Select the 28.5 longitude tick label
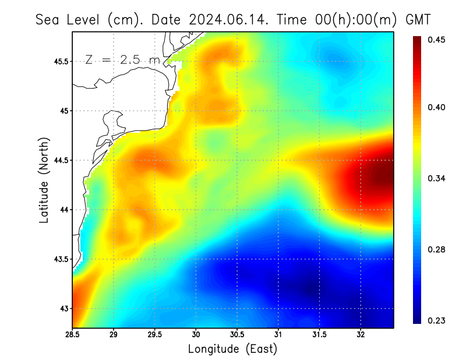point(72,335)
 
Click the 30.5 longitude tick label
point(237,335)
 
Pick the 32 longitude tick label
point(361,335)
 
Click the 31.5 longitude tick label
point(319,335)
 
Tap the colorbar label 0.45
point(436,40)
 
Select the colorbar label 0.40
point(436,107)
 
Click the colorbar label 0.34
point(436,178)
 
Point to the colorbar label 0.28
point(436,249)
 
